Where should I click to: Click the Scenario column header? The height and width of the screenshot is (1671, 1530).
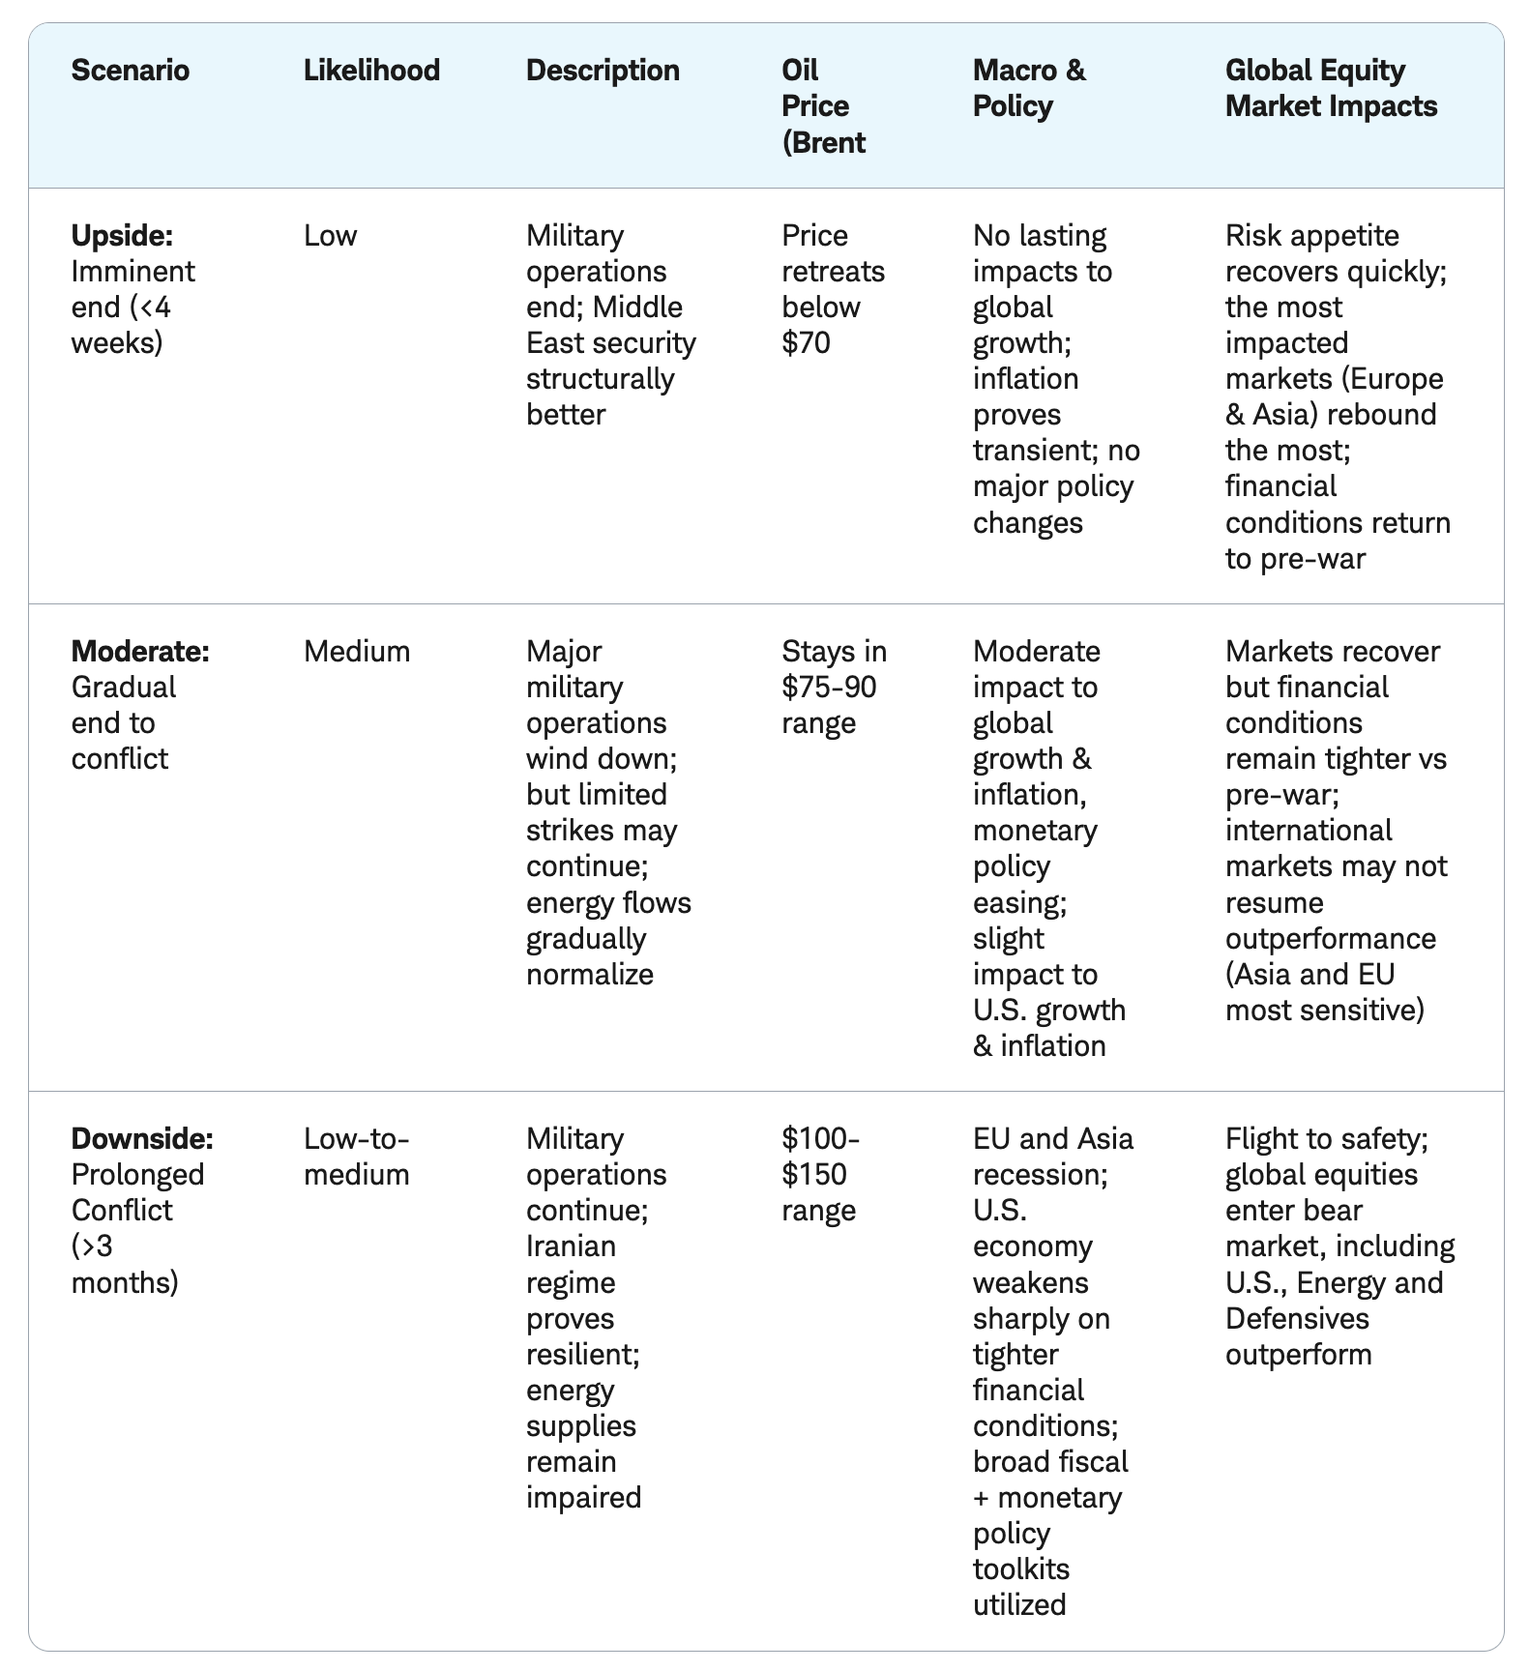pos(131,71)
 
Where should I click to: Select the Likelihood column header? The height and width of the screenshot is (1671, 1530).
pos(371,71)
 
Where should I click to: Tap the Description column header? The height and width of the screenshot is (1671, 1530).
pos(603,71)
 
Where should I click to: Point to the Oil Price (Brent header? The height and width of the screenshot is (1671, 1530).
pos(823,106)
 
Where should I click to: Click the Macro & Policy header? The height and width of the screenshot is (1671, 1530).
pos(1029,88)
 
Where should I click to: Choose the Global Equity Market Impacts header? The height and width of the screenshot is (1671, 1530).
pos(1331,88)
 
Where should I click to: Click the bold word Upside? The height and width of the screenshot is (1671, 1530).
pos(122,236)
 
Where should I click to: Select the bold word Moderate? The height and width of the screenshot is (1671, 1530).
pos(140,652)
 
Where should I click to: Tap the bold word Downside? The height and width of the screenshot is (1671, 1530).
pos(142,1139)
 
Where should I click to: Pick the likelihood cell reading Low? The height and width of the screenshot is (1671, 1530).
pos(330,236)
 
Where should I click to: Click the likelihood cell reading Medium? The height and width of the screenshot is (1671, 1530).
pos(357,652)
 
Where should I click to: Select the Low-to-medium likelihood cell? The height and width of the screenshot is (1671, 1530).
pos(357,1157)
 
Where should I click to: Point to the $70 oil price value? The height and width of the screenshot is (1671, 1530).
pos(806,343)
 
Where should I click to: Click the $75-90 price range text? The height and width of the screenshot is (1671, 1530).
pos(829,688)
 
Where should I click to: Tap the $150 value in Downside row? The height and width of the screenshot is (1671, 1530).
pos(814,1175)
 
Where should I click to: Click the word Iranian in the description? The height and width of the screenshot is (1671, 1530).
pos(571,1246)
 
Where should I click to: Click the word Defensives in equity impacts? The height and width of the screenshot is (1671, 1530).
pos(1297,1319)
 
